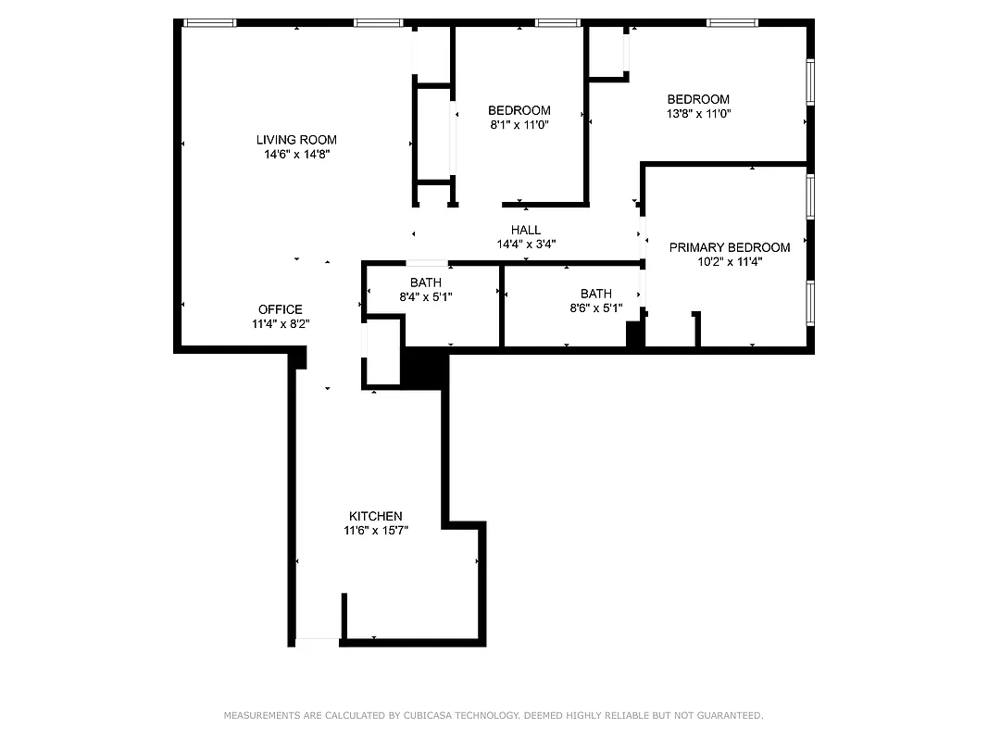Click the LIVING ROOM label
coord(296,140)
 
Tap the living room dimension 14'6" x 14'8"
coord(296,155)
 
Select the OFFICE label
coord(280,309)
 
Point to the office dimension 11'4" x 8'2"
coord(280,324)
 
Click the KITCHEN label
coord(375,516)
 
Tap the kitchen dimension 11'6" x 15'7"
coord(375,531)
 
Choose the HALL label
coord(526,230)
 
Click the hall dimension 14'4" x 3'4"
coord(526,245)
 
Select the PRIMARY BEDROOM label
coord(730,247)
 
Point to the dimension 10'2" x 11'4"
coord(730,262)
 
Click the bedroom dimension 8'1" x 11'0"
coord(519,124)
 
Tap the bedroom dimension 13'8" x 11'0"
coord(698,113)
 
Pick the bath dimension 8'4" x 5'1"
coord(426,296)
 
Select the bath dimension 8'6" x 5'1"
coord(595,308)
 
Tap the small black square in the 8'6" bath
coord(635,333)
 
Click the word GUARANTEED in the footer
coord(731,715)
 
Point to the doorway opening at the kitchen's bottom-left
coord(317,641)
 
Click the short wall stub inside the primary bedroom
coord(697,329)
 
